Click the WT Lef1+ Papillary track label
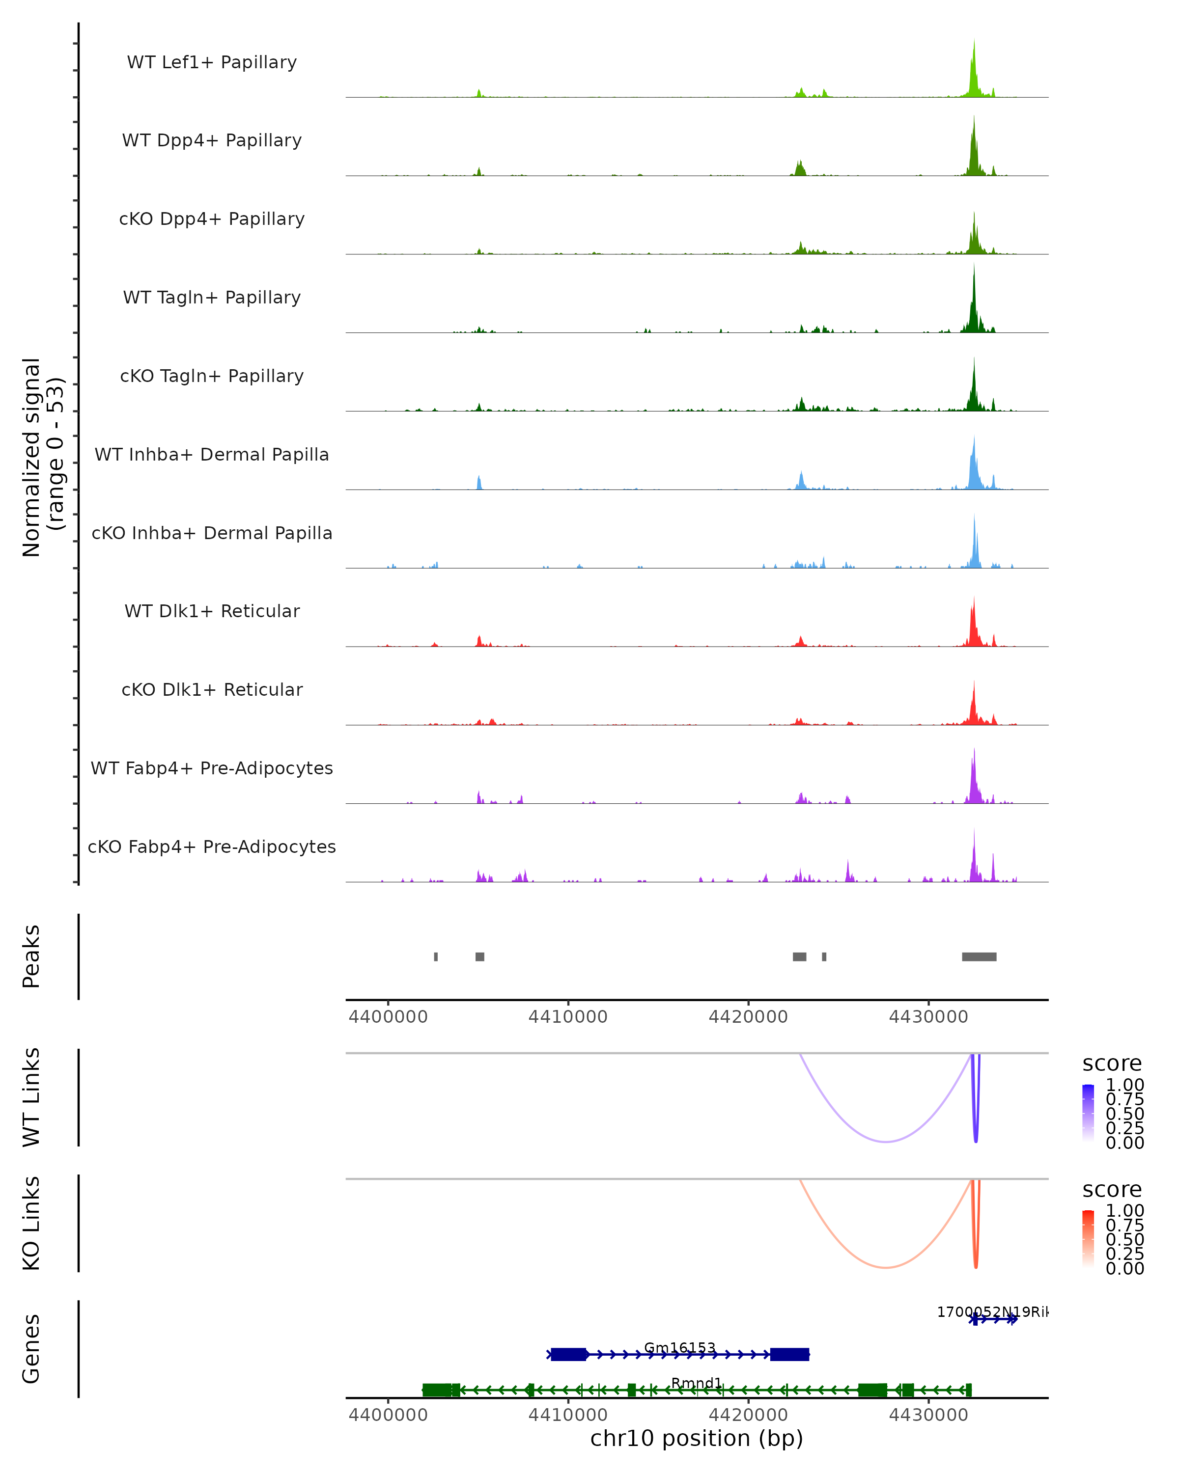[212, 62]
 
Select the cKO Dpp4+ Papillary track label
[212, 218]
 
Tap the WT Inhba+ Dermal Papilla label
[212, 454]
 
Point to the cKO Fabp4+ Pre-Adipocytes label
[212, 846]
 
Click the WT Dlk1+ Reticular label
[212, 611]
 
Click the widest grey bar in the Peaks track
[979, 956]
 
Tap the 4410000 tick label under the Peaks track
[568, 1017]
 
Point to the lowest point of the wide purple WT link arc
[886, 1142]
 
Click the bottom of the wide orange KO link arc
[886, 1267]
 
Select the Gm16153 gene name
[680, 1348]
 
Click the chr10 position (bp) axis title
[697, 1438]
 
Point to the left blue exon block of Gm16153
[569, 1354]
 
